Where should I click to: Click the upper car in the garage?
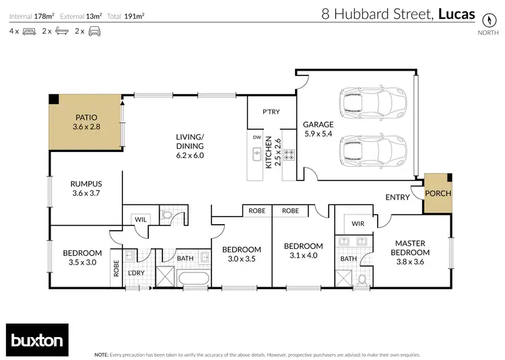pyautogui.click(x=374, y=103)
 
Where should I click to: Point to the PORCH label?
pyautogui.click(x=438, y=194)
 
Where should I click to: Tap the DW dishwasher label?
pyautogui.click(x=257, y=137)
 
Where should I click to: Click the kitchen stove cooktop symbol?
pyautogui.click(x=289, y=155)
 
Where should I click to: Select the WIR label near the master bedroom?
pyautogui.click(x=358, y=223)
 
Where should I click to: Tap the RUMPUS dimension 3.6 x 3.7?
pyautogui.click(x=86, y=193)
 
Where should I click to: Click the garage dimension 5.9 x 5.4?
pyautogui.click(x=318, y=135)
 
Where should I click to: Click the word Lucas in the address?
pyautogui.click(x=456, y=14)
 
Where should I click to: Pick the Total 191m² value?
pyautogui.click(x=137, y=14)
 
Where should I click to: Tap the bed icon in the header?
pyautogui.click(x=30, y=31)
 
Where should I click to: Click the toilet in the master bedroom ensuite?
pyautogui.click(x=364, y=278)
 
